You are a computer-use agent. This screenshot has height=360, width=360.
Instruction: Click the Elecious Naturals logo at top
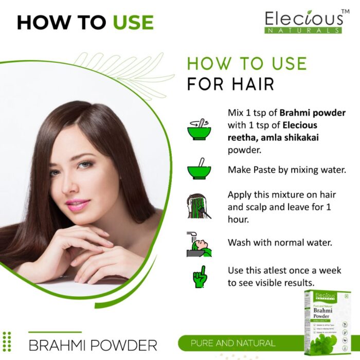point(304,22)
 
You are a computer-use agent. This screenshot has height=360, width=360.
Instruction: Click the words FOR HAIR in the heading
point(230,83)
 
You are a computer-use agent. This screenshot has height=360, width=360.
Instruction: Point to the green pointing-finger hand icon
point(200,277)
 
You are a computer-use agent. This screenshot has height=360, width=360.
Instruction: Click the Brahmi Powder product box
point(327,322)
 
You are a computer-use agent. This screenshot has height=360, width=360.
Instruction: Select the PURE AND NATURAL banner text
point(233,343)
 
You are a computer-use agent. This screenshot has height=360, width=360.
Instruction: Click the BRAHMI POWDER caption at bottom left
point(93,345)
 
